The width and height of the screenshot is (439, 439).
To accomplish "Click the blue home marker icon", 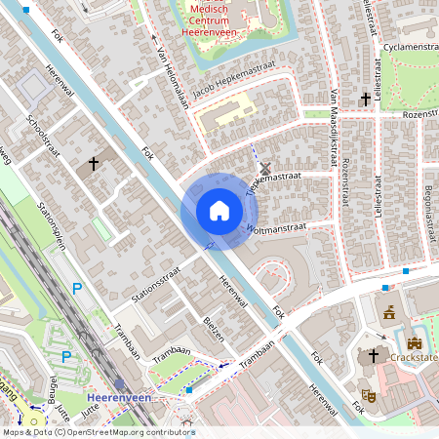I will [219, 211].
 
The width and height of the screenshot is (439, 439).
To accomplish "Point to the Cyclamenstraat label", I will [410, 46].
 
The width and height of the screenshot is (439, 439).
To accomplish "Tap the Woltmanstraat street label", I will [277, 228].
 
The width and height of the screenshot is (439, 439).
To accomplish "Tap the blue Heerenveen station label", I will [118, 399].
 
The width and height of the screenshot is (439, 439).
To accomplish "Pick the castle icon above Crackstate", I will [414, 343].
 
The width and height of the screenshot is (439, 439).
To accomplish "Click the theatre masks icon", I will [370, 394].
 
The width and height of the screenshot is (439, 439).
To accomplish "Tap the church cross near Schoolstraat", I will [94, 164].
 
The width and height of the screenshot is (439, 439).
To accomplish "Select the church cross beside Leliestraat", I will [367, 99].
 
